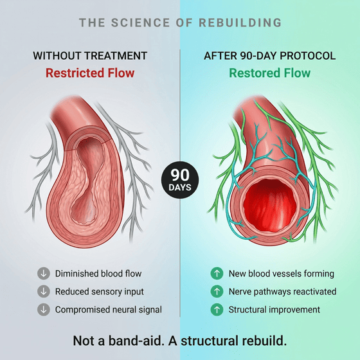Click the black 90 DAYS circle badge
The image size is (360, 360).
point(180,180)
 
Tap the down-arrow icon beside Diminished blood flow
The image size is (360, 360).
point(44,273)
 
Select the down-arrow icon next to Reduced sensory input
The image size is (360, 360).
point(44,291)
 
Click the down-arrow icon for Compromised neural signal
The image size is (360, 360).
point(44,309)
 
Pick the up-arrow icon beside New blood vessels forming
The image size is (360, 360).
point(217,273)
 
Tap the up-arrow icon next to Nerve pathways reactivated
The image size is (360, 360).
point(217,291)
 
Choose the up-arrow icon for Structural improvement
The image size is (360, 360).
point(217,309)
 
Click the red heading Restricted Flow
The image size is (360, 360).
point(90,73)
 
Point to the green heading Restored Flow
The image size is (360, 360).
point(270,73)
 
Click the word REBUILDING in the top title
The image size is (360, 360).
point(240,22)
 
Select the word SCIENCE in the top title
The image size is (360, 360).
point(141,22)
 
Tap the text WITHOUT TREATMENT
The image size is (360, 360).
point(90,56)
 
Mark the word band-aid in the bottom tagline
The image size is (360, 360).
point(136,341)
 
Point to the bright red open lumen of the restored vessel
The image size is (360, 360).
point(269,205)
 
